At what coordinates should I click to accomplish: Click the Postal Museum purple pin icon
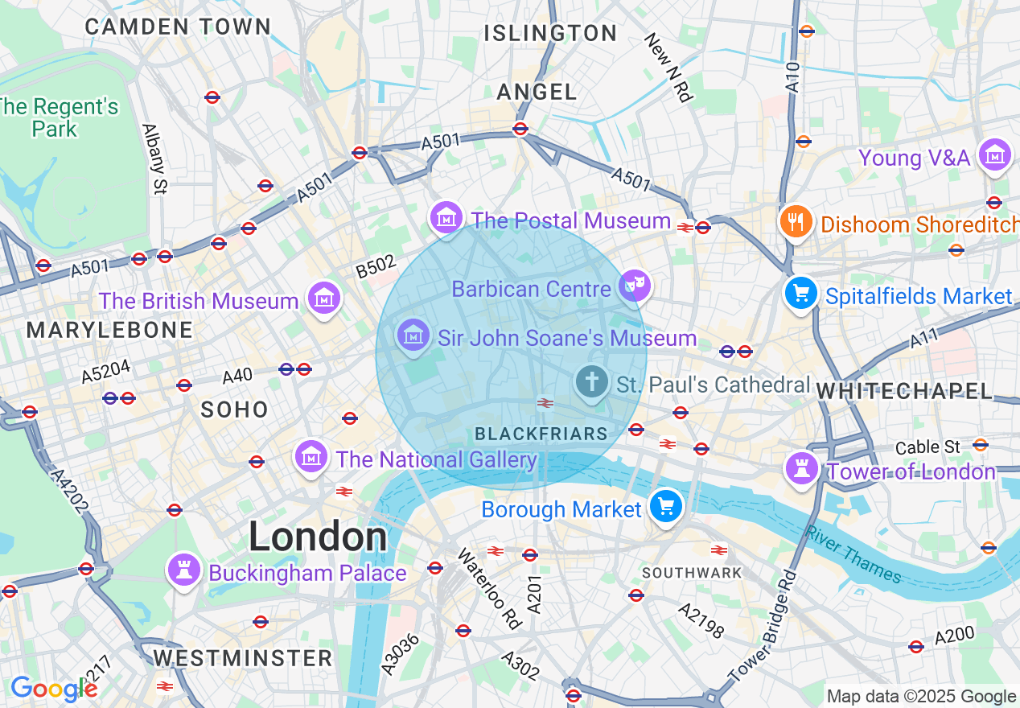[x=446, y=216]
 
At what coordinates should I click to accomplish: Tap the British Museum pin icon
[x=323, y=298]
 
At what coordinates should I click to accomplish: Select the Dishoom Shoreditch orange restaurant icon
[x=796, y=221]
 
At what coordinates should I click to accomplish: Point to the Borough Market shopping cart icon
[x=666, y=506]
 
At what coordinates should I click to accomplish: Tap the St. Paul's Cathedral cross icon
[x=593, y=381]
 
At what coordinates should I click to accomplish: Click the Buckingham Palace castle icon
[x=183, y=570]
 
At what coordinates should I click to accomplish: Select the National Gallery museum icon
[x=311, y=456]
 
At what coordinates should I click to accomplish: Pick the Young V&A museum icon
[x=996, y=154]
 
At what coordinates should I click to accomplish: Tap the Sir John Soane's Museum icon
[x=413, y=335]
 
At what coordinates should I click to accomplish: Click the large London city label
[x=318, y=537]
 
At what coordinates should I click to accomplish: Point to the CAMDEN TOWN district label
[x=179, y=27]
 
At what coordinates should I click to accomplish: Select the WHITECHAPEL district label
[x=905, y=391]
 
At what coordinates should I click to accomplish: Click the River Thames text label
[x=853, y=554]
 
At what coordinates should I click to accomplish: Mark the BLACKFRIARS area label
[x=541, y=434]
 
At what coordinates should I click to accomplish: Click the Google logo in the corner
[x=53, y=689]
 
